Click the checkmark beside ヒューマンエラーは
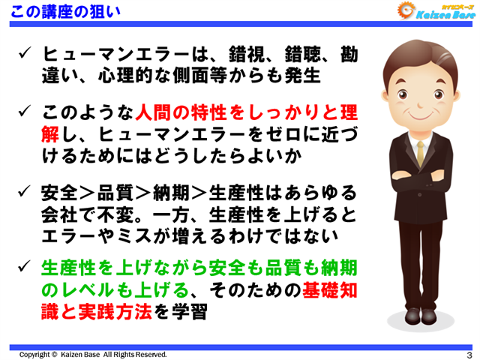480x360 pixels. coord(24,55)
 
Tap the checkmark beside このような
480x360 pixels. coord(24,114)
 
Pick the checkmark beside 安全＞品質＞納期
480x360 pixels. coord(24,190)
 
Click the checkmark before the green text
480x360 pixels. coord(24,267)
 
